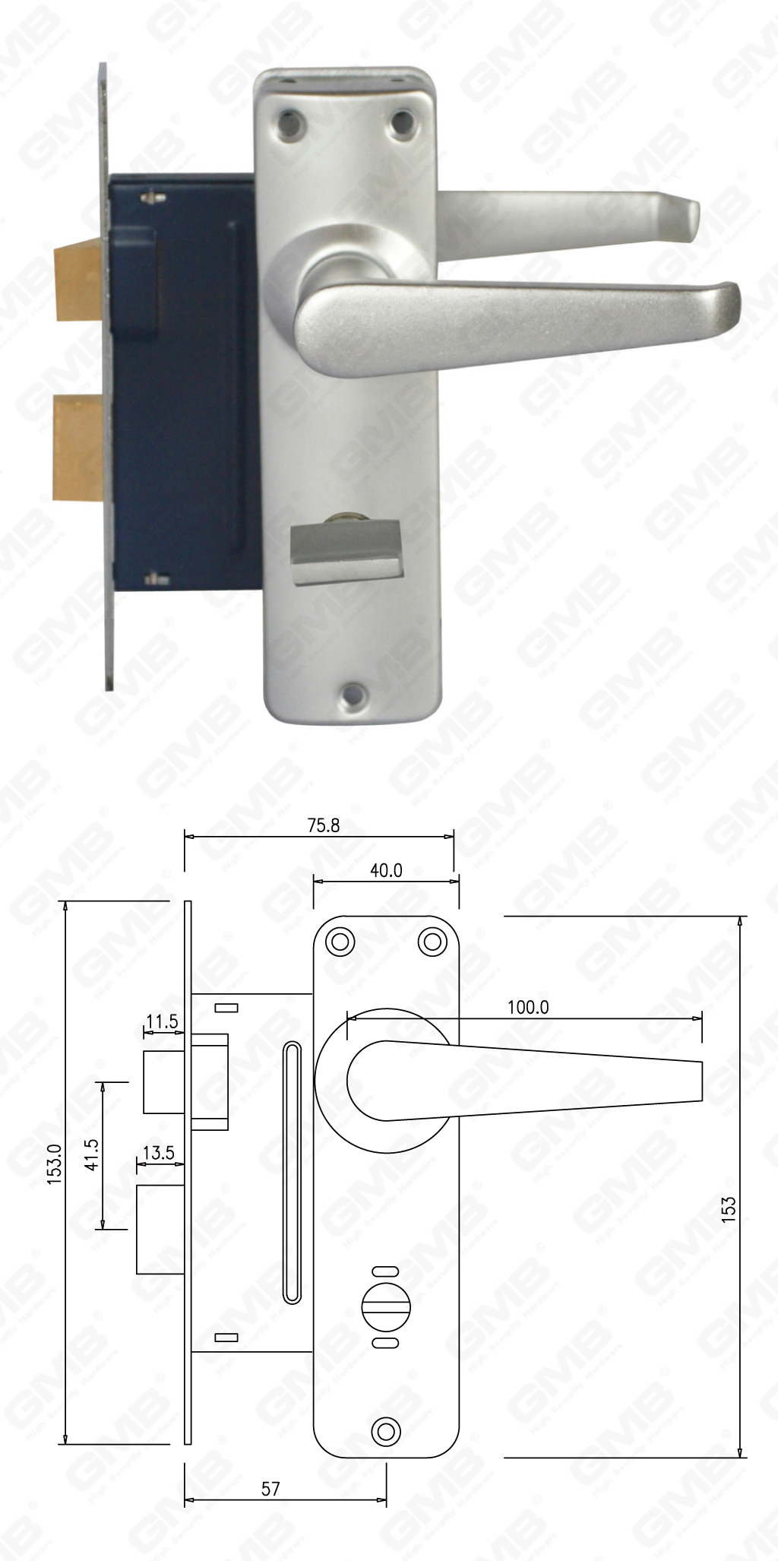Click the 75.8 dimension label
coord(324,825)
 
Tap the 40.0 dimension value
coord(386,870)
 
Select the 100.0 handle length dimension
coord(528,1007)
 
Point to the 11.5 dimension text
coord(162,1021)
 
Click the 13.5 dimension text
coord(158,1153)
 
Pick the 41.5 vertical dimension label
coord(92,1154)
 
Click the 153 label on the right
coord(729,1208)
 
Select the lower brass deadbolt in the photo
coord(79,448)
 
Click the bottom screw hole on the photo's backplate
coord(352,692)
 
